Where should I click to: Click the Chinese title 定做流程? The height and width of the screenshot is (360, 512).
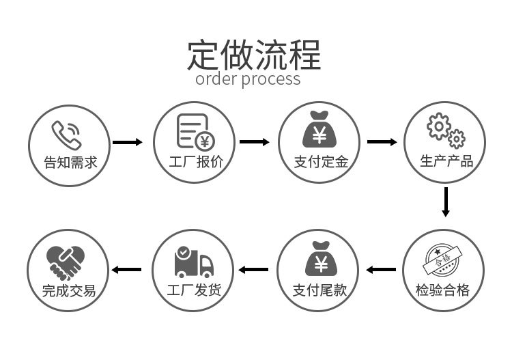pyautogui.click(x=254, y=55)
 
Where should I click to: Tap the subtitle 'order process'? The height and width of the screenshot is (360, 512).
pyautogui.click(x=248, y=79)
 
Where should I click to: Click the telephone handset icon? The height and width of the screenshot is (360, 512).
pyautogui.click(x=66, y=133)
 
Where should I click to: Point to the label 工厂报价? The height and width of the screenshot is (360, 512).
pyautogui.click(x=196, y=163)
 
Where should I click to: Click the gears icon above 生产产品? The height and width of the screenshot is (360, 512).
pyautogui.click(x=445, y=131)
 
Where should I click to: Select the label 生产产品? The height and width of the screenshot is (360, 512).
pyautogui.click(x=446, y=162)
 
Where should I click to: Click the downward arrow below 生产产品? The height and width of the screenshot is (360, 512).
pyautogui.click(x=446, y=202)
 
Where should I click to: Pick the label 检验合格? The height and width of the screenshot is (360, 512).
pyautogui.click(x=443, y=290)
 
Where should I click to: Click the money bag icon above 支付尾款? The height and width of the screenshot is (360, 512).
pyautogui.click(x=319, y=259)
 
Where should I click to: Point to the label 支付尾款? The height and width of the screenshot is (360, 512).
pyautogui.click(x=319, y=290)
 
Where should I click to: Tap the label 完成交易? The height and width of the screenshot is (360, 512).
pyautogui.click(x=69, y=290)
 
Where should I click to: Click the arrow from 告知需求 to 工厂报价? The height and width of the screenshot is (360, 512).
pyautogui.click(x=127, y=142)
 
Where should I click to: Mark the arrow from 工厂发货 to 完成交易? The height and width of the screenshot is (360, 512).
pyautogui.click(x=127, y=269)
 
